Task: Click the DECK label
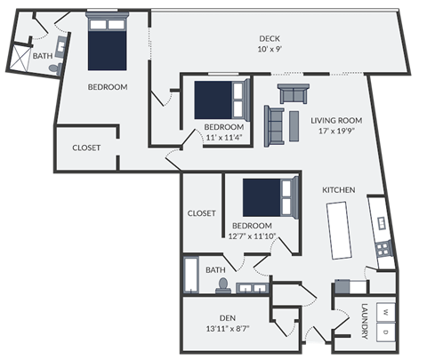coord(270,38)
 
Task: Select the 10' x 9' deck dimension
coord(270,50)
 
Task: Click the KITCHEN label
coord(339,190)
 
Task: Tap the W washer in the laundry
coord(384,312)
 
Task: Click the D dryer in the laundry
coord(384,330)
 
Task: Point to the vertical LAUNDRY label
coord(365,322)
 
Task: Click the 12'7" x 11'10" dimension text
coord(252,236)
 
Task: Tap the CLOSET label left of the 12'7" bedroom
coord(201,213)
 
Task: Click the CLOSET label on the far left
coord(86,148)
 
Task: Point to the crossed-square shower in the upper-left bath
coord(18,59)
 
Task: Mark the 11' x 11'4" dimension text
coord(223,139)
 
